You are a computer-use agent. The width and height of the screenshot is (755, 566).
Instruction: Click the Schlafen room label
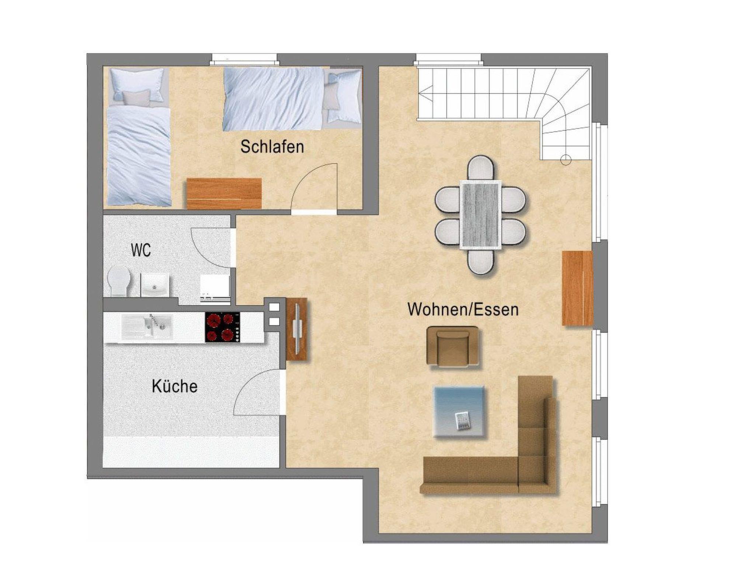(x=272, y=147)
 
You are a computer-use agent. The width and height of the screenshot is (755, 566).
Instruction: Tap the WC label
(x=141, y=251)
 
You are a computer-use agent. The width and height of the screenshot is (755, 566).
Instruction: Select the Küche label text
(x=175, y=387)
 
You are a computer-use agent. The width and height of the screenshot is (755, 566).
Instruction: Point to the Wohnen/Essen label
(x=463, y=309)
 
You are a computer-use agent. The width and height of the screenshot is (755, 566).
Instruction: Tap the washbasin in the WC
(x=155, y=285)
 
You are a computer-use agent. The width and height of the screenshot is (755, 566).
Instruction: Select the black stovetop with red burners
(x=222, y=328)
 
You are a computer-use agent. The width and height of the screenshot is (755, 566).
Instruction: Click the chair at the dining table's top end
(x=480, y=168)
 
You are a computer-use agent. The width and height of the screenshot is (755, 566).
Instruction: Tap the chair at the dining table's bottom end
(x=480, y=262)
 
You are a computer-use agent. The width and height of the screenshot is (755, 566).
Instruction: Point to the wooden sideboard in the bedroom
(x=224, y=193)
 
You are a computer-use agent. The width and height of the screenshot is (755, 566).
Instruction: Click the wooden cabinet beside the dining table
(x=577, y=288)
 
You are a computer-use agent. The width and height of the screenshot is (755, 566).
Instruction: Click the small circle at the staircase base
(x=566, y=160)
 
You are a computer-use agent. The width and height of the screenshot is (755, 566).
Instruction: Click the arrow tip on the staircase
(x=420, y=94)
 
